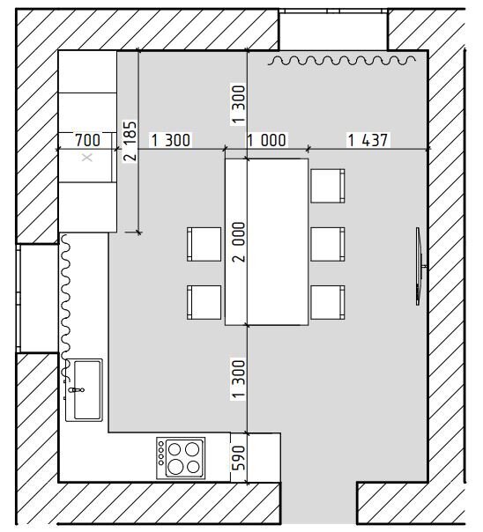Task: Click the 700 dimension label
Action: tap(87, 140)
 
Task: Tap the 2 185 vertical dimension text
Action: tap(130, 140)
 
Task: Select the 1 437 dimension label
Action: tap(368, 140)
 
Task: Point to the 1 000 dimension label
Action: tap(267, 140)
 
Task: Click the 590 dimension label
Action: tap(239, 458)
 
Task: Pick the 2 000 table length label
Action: tap(239, 241)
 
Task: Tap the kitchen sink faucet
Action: tap(76, 390)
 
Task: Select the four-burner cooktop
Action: tap(181, 458)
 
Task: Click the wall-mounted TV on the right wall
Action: tap(420, 266)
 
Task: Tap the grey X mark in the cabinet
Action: tap(87, 158)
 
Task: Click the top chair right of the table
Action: tap(328, 186)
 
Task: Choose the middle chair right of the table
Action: tap(328, 244)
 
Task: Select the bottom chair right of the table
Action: tap(328, 302)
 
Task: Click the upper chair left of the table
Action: tap(204, 244)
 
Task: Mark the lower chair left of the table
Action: tap(204, 302)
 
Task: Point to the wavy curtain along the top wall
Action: tap(342, 61)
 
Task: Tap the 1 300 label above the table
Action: tap(239, 104)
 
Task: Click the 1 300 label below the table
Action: tap(239, 379)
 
